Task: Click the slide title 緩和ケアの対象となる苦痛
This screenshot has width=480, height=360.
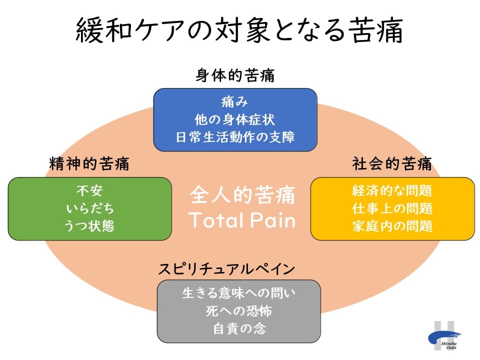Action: pyautogui.click(x=239, y=30)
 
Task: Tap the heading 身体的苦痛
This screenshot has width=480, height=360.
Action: pyautogui.click(x=235, y=75)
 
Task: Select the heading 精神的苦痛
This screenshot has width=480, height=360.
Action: pyautogui.click(x=89, y=163)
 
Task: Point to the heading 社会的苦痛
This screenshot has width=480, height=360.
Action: pyautogui.click(x=392, y=163)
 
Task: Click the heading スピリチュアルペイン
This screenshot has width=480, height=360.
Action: pyautogui.click(x=226, y=269)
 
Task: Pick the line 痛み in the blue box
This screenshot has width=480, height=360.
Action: pyautogui.click(x=234, y=102)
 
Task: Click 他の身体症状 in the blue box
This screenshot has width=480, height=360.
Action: pyautogui.click(x=235, y=119)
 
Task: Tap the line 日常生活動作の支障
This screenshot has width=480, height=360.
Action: pyautogui.click(x=235, y=137)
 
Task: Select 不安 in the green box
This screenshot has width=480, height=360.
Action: pyautogui.click(x=89, y=190)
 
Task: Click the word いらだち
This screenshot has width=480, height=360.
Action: pyautogui.click(x=90, y=208)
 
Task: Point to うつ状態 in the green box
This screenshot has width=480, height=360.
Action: pyautogui.click(x=89, y=226)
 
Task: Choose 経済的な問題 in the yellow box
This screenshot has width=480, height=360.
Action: pyautogui.click(x=392, y=190)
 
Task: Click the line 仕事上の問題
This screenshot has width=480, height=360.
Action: pyautogui.click(x=392, y=208)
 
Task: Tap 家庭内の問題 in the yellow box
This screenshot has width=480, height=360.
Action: pyautogui.click(x=392, y=226)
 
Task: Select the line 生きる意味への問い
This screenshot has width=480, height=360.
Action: pyautogui.click(x=239, y=293)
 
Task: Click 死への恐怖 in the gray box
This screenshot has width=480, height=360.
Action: pyautogui.click(x=239, y=311)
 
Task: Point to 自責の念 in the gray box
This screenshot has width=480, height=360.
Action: pyautogui.click(x=239, y=328)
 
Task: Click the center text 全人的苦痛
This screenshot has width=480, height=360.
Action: pyautogui.click(x=242, y=194)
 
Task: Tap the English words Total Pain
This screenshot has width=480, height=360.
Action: pyautogui.click(x=242, y=220)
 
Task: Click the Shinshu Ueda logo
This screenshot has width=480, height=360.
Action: pyautogui.click(x=444, y=336)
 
